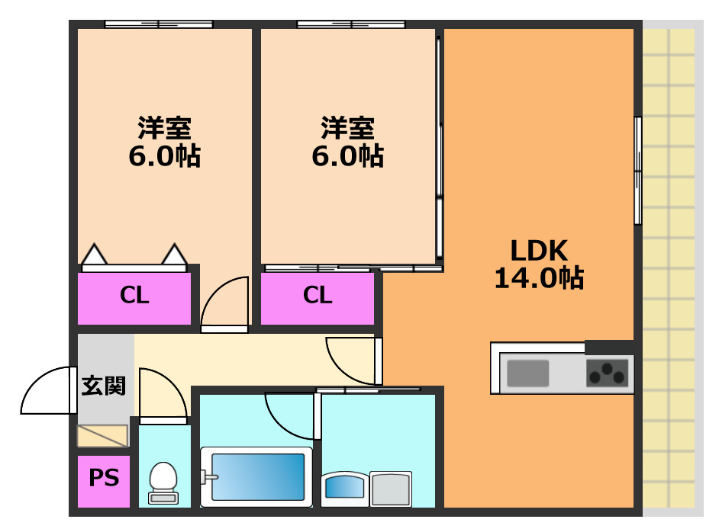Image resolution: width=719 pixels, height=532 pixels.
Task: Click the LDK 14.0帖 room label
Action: (539, 264)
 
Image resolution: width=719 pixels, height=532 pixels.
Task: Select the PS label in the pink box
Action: (104, 478)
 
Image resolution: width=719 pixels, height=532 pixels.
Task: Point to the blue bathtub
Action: (257, 476)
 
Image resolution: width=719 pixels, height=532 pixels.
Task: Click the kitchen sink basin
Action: (527, 373)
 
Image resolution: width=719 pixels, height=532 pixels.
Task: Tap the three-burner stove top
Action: (608, 373)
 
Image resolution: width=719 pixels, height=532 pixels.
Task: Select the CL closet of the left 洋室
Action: (134, 296)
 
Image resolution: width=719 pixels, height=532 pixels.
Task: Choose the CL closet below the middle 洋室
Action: (318, 296)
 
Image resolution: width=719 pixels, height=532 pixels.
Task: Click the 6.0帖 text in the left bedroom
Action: (164, 156)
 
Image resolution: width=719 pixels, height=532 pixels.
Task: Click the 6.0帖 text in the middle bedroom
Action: (347, 156)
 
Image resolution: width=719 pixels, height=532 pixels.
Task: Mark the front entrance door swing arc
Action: (47, 390)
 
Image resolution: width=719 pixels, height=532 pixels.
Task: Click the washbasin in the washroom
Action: (344, 488)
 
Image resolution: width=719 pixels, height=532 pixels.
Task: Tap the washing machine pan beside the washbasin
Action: (391, 488)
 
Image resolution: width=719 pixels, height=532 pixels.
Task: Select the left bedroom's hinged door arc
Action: (227, 301)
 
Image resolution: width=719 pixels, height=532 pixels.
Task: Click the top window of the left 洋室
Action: (158, 24)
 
